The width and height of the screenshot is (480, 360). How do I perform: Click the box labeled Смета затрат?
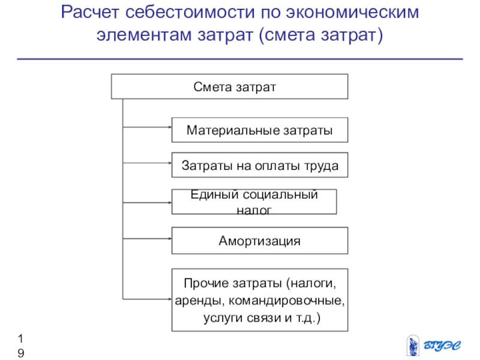pyautogui.click(x=229, y=86)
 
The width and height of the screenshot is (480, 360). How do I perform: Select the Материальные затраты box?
pyautogui.click(x=259, y=130)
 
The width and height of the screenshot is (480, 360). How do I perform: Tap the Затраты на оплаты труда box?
pyautogui.click(x=259, y=166)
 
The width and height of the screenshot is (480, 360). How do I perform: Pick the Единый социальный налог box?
pyautogui.click(x=254, y=202)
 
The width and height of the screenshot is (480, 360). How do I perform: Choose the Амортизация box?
pyautogui.click(x=259, y=241)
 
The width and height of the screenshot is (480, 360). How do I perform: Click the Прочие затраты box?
pyautogui.click(x=259, y=299)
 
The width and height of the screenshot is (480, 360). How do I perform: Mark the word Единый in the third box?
pyautogui.click(x=211, y=194)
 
